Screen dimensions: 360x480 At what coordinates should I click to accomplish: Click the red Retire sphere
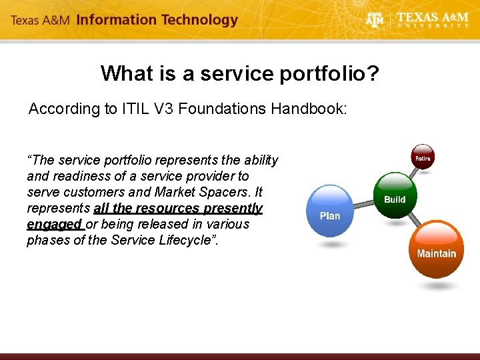coord(423,157)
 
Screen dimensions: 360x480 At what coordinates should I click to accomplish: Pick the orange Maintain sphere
coord(436,250)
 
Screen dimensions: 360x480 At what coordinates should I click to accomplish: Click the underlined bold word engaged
coord(54,224)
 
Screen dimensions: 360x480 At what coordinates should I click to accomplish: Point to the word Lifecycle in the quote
coord(189,240)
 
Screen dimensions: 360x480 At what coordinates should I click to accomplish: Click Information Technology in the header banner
coord(157,19)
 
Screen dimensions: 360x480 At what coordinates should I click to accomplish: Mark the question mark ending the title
coord(372,73)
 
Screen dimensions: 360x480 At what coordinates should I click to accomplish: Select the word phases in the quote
coord(47,240)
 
